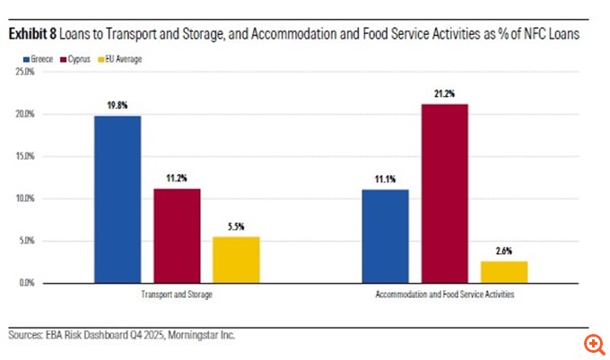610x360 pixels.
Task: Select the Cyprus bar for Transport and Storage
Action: point(177,235)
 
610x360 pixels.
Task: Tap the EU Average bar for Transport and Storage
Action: point(236,259)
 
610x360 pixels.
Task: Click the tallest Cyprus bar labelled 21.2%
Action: point(445,193)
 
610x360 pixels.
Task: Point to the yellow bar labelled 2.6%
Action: point(504,271)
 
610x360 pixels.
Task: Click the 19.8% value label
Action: point(118,106)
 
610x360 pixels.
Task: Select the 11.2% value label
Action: point(177,179)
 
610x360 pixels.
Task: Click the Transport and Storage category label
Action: point(177,294)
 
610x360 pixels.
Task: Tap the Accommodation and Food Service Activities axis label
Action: point(446,294)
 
